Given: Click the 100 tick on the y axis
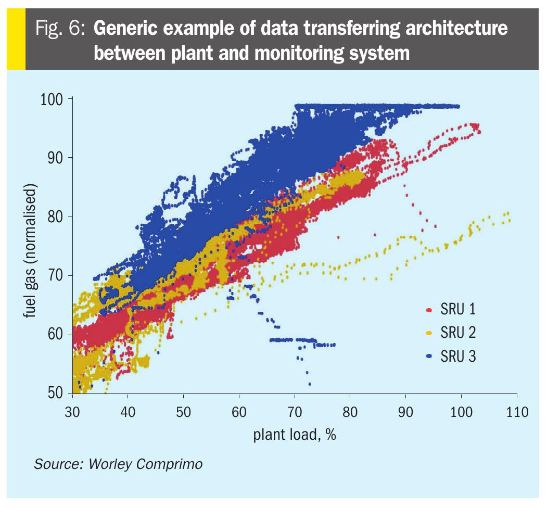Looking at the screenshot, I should (52, 99).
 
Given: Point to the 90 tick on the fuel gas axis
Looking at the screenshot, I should (52, 158).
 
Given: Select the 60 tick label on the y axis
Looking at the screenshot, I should (52, 334).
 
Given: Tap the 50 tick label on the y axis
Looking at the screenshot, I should (52, 393).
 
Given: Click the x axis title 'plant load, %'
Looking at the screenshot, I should (294, 434).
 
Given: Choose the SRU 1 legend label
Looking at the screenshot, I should (458, 310).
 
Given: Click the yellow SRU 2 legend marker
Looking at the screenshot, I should (429, 333).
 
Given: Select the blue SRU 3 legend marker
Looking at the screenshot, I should (429, 357).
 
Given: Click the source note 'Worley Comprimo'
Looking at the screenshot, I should (146, 463).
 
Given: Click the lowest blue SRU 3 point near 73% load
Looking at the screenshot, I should (310, 384).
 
